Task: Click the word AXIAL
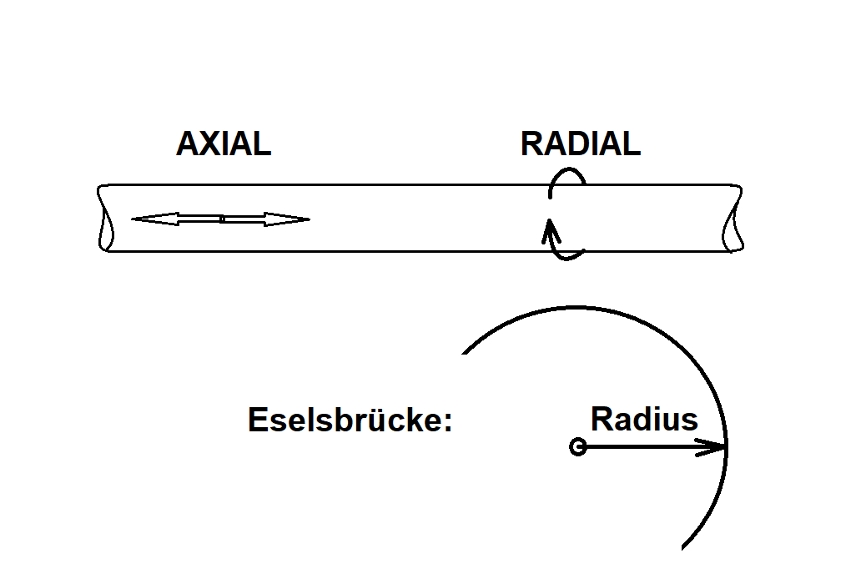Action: tap(224, 145)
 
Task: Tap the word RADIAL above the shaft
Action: tap(580, 145)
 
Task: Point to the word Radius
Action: tap(644, 418)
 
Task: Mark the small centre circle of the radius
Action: tap(576, 447)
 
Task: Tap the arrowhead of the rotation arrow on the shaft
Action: tap(549, 229)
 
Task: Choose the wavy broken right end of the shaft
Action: tap(735, 218)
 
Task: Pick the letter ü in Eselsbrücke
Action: tap(365, 420)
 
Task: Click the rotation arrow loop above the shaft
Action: tap(569, 176)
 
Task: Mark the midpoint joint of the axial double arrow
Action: tap(222, 219)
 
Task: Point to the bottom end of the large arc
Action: tap(683, 548)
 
